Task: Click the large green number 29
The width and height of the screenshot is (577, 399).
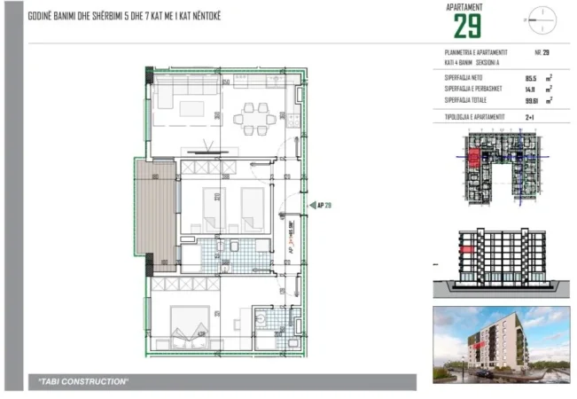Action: coord(467,27)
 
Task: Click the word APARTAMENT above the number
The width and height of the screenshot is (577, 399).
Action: coord(467,7)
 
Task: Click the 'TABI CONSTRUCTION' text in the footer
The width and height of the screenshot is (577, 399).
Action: coord(84,381)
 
